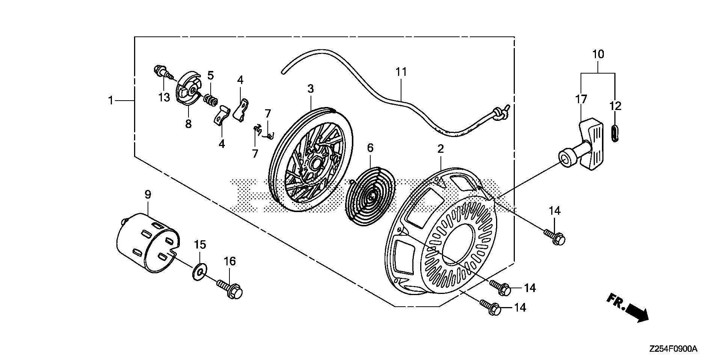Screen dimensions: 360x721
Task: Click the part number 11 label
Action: pyautogui.click(x=401, y=72)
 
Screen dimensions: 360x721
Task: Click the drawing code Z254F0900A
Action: pyautogui.click(x=673, y=349)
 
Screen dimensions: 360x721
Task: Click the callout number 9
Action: pyautogui.click(x=148, y=194)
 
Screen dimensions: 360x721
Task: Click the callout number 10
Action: pyautogui.click(x=598, y=54)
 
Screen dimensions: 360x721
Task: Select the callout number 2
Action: pyautogui.click(x=440, y=149)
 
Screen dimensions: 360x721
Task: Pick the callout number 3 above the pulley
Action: pyautogui.click(x=310, y=89)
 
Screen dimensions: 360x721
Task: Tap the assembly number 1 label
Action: pyautogui.click(x=111, y=90)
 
